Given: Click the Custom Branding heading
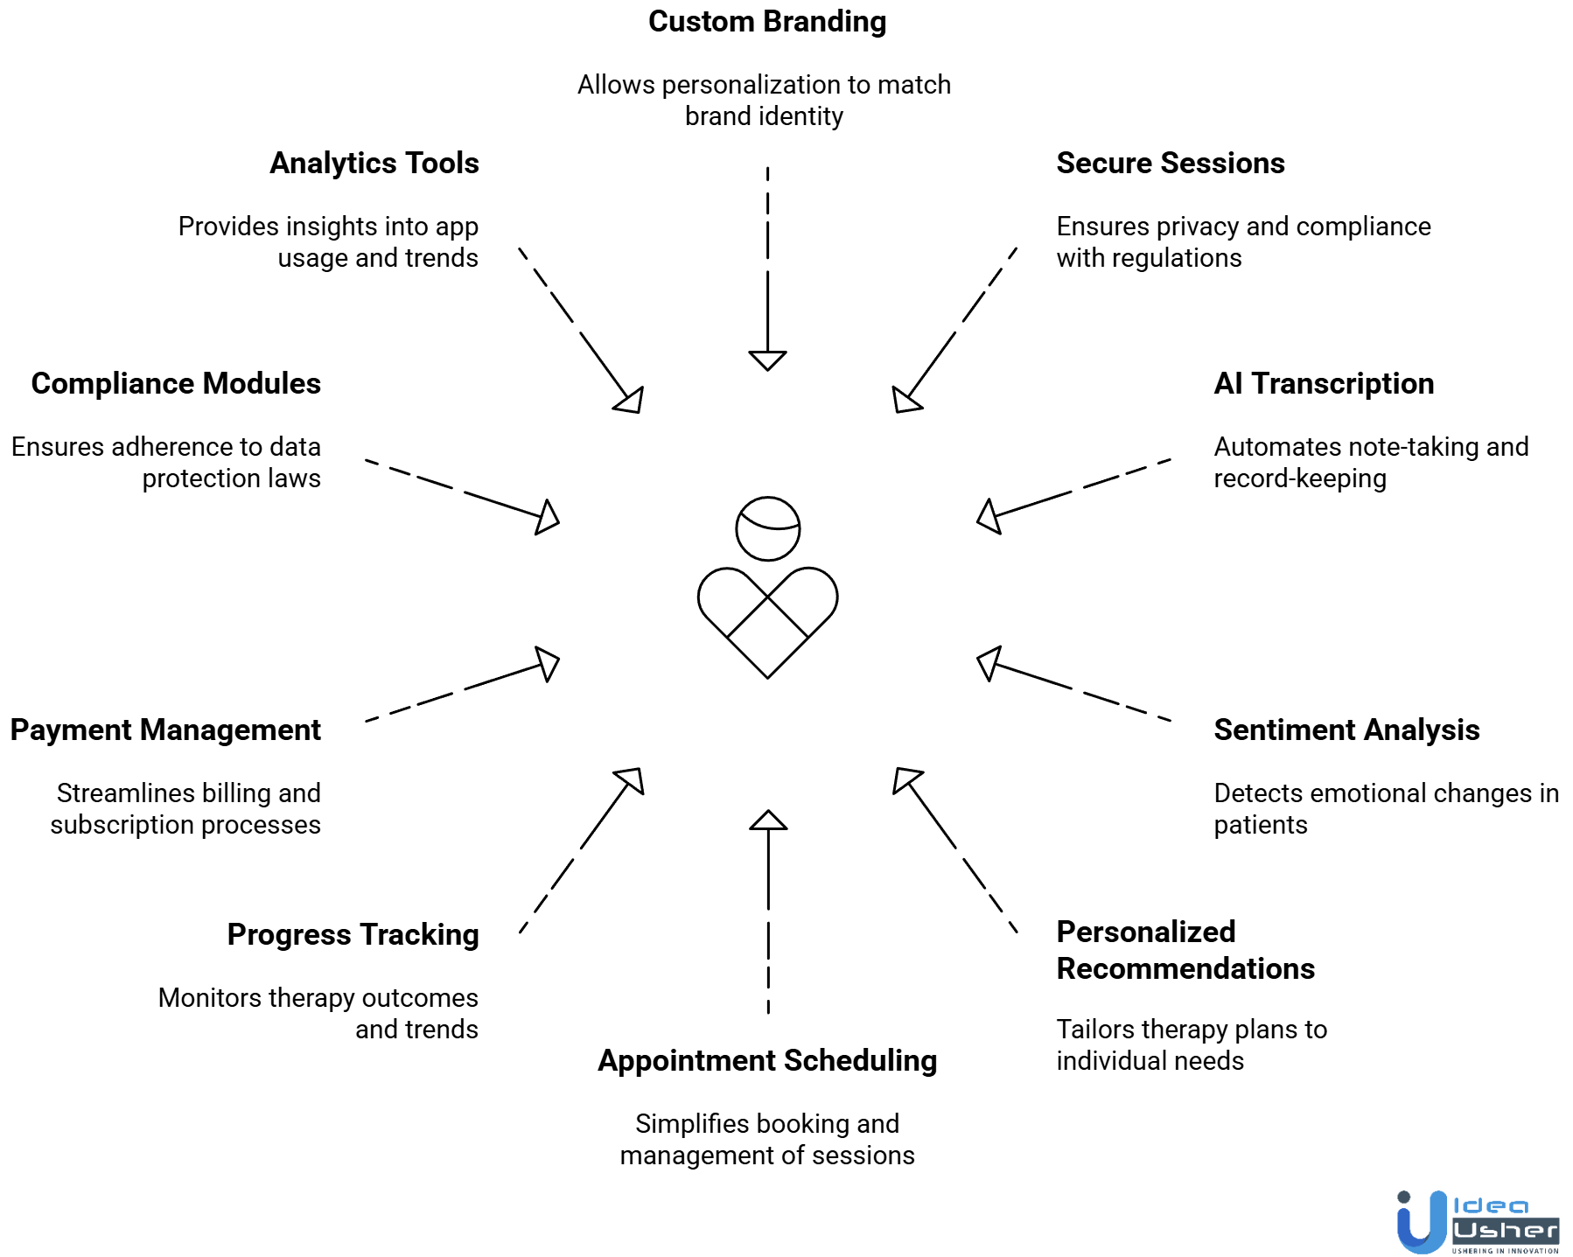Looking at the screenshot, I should point(767,22).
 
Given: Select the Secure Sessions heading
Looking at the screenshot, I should point(1170,164).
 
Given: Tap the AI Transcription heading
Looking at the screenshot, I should point(1323,384).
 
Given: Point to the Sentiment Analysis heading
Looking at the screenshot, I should point(1346,730).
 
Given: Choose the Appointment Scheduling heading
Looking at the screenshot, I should point(767,1061).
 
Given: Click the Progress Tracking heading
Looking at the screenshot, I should point(353,935).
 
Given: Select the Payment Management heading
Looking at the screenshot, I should point(165,730).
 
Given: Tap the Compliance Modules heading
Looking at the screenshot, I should point(176,384).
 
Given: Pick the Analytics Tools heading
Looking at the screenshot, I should point(374,164).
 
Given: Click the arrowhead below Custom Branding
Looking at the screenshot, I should point(767,360).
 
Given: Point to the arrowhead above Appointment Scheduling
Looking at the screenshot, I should point(768,821).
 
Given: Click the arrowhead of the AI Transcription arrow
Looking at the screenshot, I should point(989,515).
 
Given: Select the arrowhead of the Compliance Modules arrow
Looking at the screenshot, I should point(547,517).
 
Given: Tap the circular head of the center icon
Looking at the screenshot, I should point(767,529).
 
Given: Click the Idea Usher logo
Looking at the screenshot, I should point(1478,1222).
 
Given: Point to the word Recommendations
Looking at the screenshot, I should point(1185,969).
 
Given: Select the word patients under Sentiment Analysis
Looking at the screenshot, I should point(1260,825).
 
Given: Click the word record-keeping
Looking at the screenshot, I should point(1299,478).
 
